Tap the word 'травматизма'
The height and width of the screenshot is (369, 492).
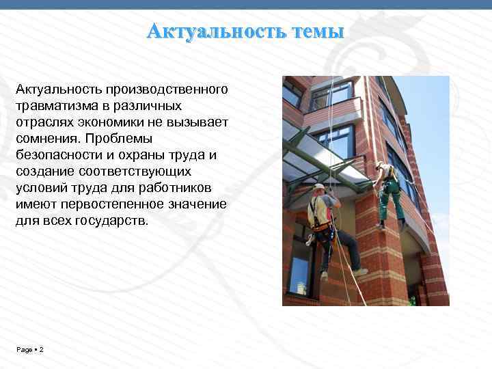[49, 106]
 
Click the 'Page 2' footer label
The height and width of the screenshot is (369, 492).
[29, 350]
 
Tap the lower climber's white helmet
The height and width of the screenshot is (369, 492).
[318, 187]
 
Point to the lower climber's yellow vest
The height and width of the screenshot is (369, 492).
[318, 212]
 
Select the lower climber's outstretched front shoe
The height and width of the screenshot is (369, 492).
[360, 272]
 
